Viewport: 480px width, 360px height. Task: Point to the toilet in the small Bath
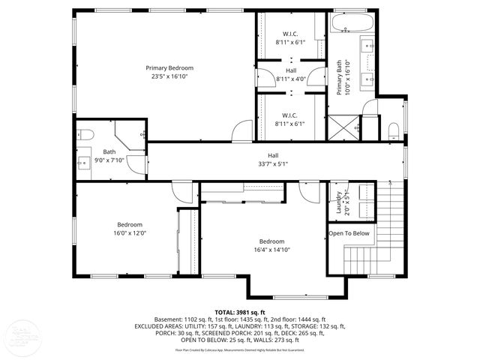pos(85,135)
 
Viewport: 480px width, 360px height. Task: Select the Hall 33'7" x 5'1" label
pos(273,159)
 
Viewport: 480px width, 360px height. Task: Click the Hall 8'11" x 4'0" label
pos(290,74)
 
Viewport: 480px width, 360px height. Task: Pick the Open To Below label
pos(349,233)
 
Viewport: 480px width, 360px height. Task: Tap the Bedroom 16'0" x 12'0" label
pos(129,229)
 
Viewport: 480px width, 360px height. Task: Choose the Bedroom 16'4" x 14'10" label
pos(271,245)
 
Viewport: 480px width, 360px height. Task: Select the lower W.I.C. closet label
pos(290,119)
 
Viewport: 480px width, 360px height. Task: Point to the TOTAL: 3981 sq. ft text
pos(240,312)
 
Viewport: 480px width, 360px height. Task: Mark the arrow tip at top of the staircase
pos(389,182)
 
